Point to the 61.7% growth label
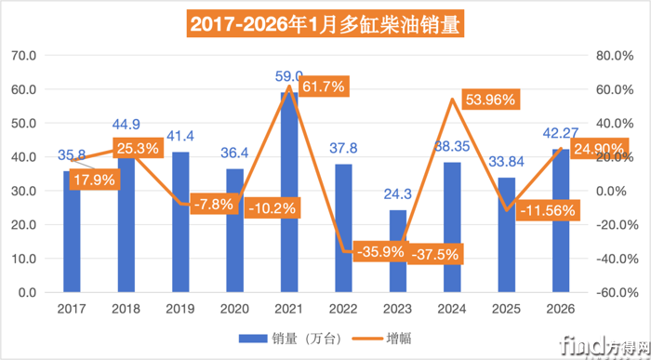tap(321, 87)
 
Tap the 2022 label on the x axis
tap(343, 308)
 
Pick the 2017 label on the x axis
tap(71, 308)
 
